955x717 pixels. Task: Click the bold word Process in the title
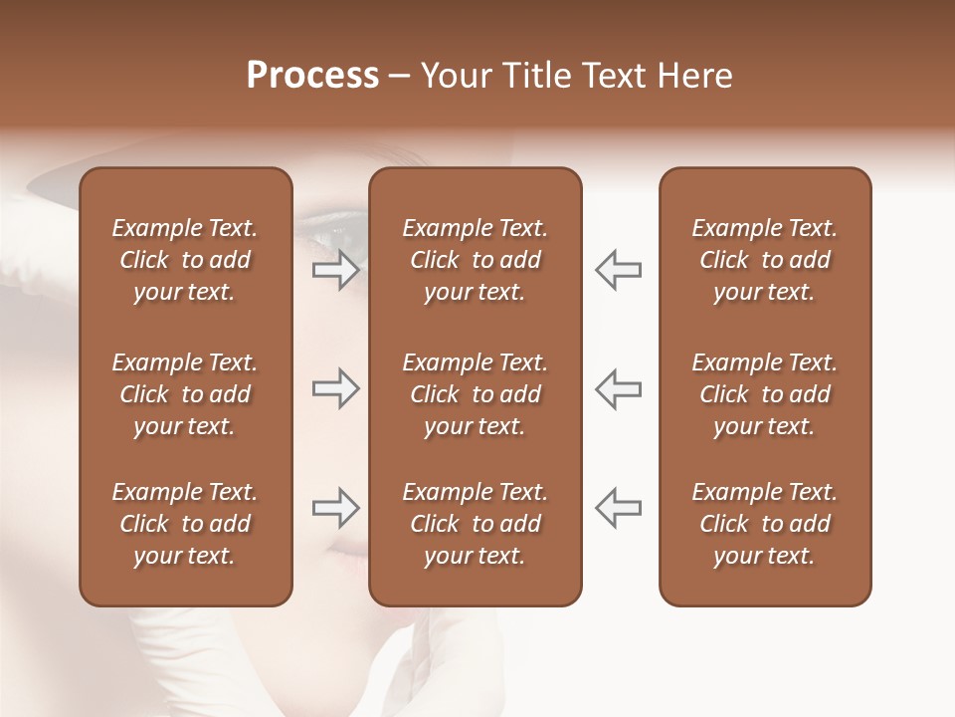312,76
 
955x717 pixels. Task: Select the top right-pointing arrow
335,270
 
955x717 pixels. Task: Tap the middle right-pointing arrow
335,388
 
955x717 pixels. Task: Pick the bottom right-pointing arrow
335,509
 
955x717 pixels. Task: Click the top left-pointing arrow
618,270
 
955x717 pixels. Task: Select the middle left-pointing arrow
618,388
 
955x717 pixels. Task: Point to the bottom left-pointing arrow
618,509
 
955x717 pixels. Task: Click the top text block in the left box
185,260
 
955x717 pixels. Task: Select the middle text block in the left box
185,394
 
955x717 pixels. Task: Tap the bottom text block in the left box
185,524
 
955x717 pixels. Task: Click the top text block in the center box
475,260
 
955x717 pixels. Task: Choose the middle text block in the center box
475,394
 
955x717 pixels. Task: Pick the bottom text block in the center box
475,524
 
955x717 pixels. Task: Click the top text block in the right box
764,260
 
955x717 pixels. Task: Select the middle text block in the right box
764,394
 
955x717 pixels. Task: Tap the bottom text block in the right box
764,524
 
